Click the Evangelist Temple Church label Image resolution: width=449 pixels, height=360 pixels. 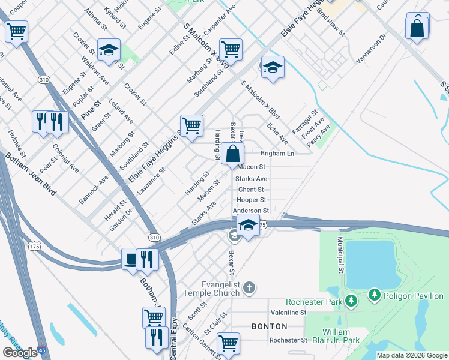click(220, 289)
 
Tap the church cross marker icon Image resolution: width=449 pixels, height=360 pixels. click(250, 289)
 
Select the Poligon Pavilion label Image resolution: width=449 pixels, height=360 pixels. click(413, 295)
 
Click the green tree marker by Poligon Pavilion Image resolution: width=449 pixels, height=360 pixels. click(375, 295)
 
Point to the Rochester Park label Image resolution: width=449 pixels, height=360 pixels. click(314, 302)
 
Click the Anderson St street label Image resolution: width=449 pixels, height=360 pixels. click(251, 211)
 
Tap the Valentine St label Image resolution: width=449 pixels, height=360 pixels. click(288, 313)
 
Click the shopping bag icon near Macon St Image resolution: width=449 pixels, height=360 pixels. click(232, 154)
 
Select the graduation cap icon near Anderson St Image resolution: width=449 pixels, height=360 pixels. click(247, 226)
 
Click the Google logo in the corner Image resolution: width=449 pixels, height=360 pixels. click(20, 353)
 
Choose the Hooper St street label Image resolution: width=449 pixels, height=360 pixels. click(251, 200)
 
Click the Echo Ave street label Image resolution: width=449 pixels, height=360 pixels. click(277, 134)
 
